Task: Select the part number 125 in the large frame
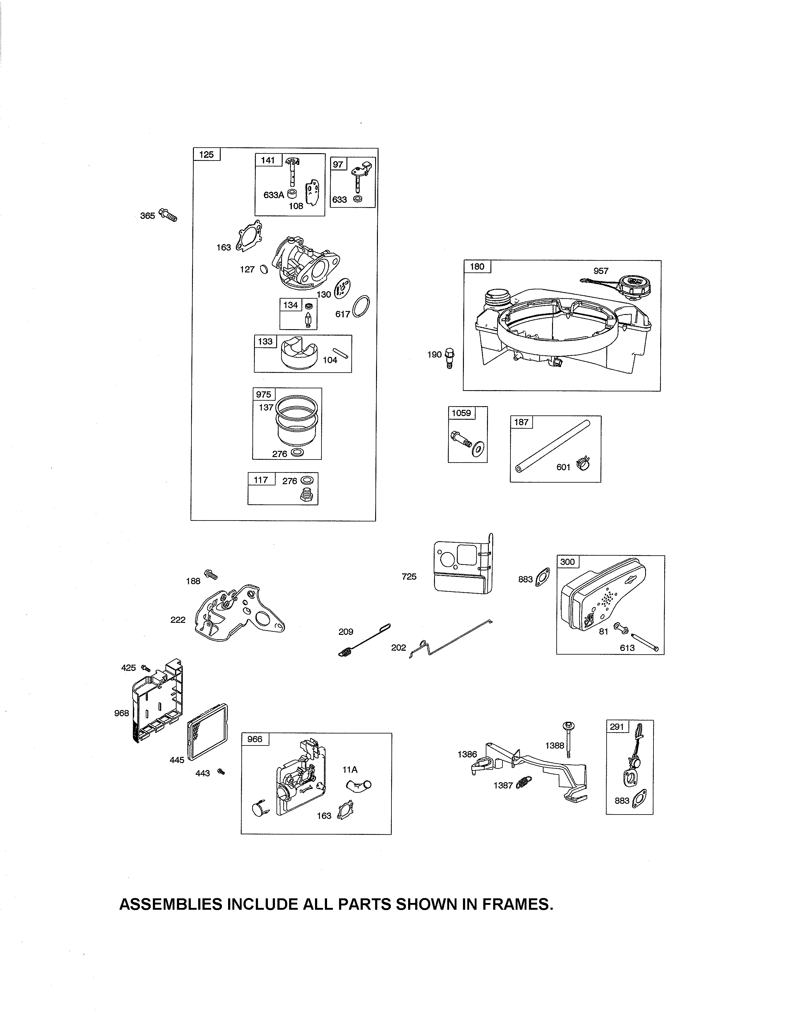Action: pos(206,155)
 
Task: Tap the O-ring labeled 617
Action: pos(362,306)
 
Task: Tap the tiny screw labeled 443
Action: pos(221,772)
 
